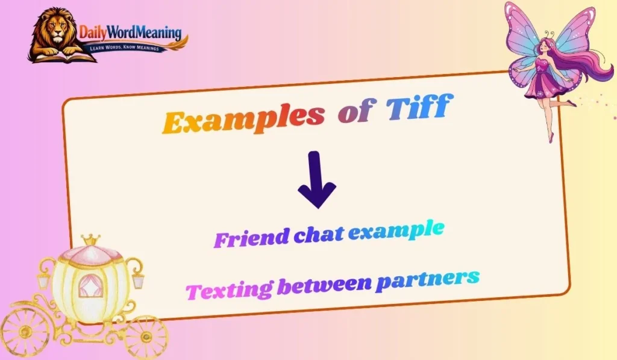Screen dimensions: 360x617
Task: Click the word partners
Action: (x=427, y=278)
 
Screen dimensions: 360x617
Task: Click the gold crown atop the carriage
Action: (x=90, y=239)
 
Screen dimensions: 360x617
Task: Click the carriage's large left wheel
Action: (x=24, y=332)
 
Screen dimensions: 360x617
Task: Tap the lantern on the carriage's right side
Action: (x=138, y=279)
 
